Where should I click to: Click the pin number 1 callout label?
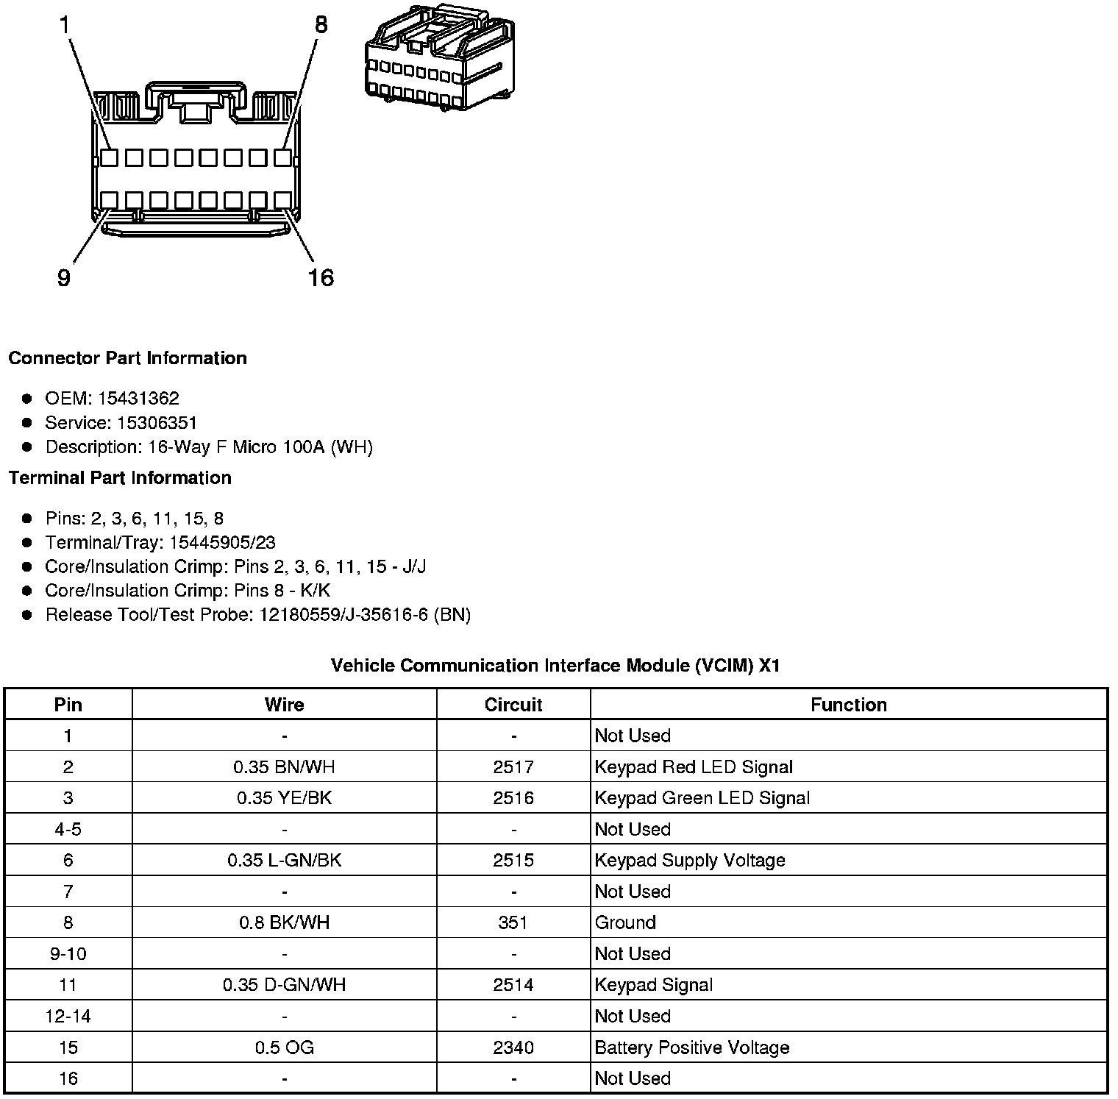coord(65,25)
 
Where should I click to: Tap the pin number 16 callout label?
coord(321,278)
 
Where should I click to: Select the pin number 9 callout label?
coord(64,278)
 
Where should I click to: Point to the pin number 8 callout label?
coord(321,25)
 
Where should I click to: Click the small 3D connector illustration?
coord(439,57)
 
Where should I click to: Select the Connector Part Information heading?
coord(127,358)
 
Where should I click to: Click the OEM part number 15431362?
coord(138,399)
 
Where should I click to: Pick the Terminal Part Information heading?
coord(120,478)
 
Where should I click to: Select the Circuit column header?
coord(513,705)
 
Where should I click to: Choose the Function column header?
coord(848,705)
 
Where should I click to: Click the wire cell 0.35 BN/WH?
coord(284,767)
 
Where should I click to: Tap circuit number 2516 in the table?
coord(513,798)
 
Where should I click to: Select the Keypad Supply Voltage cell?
coord(689,861)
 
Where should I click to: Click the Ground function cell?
coord(624,922)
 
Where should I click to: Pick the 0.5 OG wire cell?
coord(284,1048)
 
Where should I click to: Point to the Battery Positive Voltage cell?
coord(691,1048)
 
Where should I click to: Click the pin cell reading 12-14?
coord(68,1016)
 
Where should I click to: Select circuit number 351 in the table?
coord(513,922)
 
